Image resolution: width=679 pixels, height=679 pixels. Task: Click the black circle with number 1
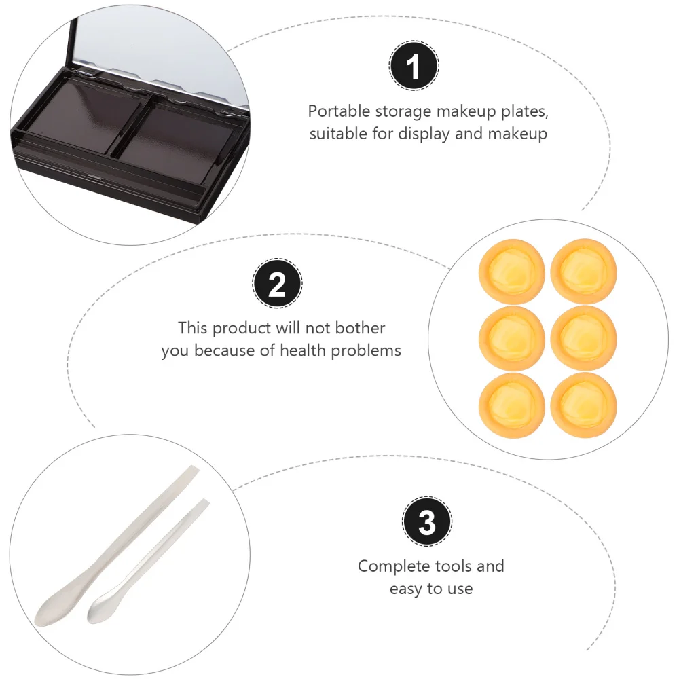pos(414,67)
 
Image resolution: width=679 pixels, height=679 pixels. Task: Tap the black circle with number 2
pos(278,285)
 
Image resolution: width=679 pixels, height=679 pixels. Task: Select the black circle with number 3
pos(427,523)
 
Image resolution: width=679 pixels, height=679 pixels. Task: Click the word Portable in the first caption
pos(337,111)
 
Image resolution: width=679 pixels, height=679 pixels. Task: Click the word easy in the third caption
pos(405,589)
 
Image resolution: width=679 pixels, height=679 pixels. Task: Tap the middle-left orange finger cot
pos(511,337)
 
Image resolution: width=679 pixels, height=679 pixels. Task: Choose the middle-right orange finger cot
pos(583,337)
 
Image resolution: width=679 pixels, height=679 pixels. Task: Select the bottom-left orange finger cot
pos(511,403)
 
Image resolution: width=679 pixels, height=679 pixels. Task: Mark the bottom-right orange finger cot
pos(583,403)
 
